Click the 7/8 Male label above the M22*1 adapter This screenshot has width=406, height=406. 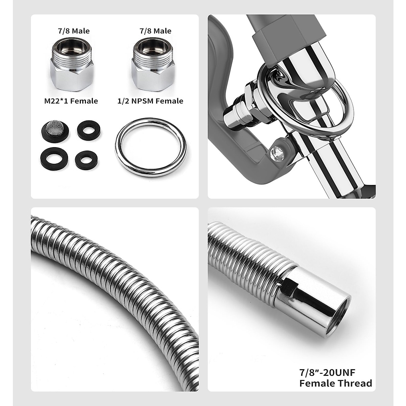coord(73,31)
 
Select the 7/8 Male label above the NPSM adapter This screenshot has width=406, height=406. coord(155,31)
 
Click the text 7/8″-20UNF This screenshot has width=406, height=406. coord(326,373)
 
